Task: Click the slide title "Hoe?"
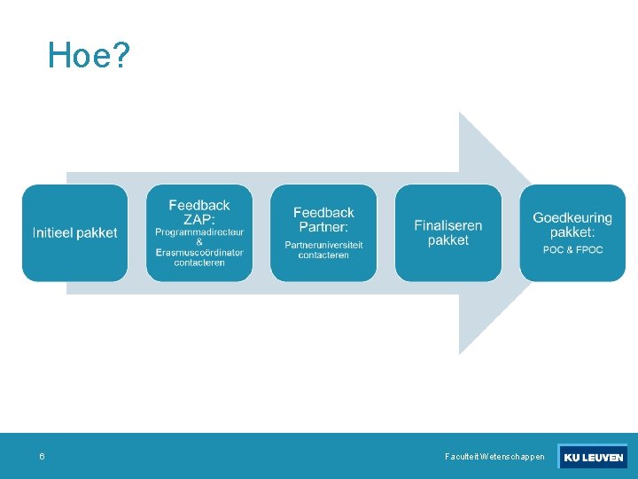tap(89, 56)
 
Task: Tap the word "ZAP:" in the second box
tap(199, 219)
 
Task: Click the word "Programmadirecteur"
tap(199, 232)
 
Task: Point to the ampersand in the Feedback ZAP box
tap(199, 242)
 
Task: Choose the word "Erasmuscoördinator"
tap(199, 253)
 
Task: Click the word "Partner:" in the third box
tap(323, 226)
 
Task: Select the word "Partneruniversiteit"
tap(323, 246)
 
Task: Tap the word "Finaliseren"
tap(448, 225)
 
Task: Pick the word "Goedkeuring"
tap(572, 218)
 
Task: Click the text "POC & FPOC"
tap(572, 250)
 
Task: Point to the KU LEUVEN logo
tap(593, 457)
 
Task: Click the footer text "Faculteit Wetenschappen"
tap(494, 457)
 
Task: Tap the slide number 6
tap(42, 457)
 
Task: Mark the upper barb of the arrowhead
tap(478, 142)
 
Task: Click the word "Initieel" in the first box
tap(52, 233)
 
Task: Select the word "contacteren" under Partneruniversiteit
tap(323, 255)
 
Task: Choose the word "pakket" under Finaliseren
tap(448, 240)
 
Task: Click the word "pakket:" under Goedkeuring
tap(572, 232)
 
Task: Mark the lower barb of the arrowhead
tap(478, 324)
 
